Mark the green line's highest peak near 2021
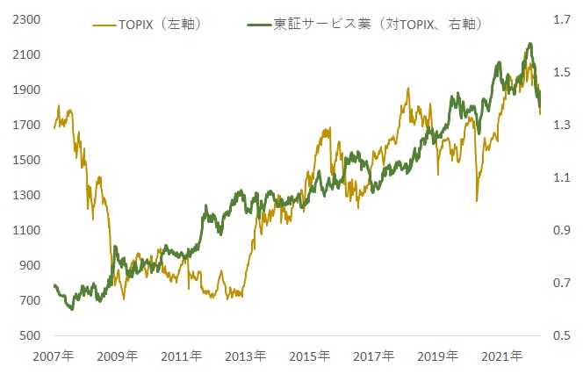(x=529, y=44)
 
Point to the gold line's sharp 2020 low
(x=477, y=200)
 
